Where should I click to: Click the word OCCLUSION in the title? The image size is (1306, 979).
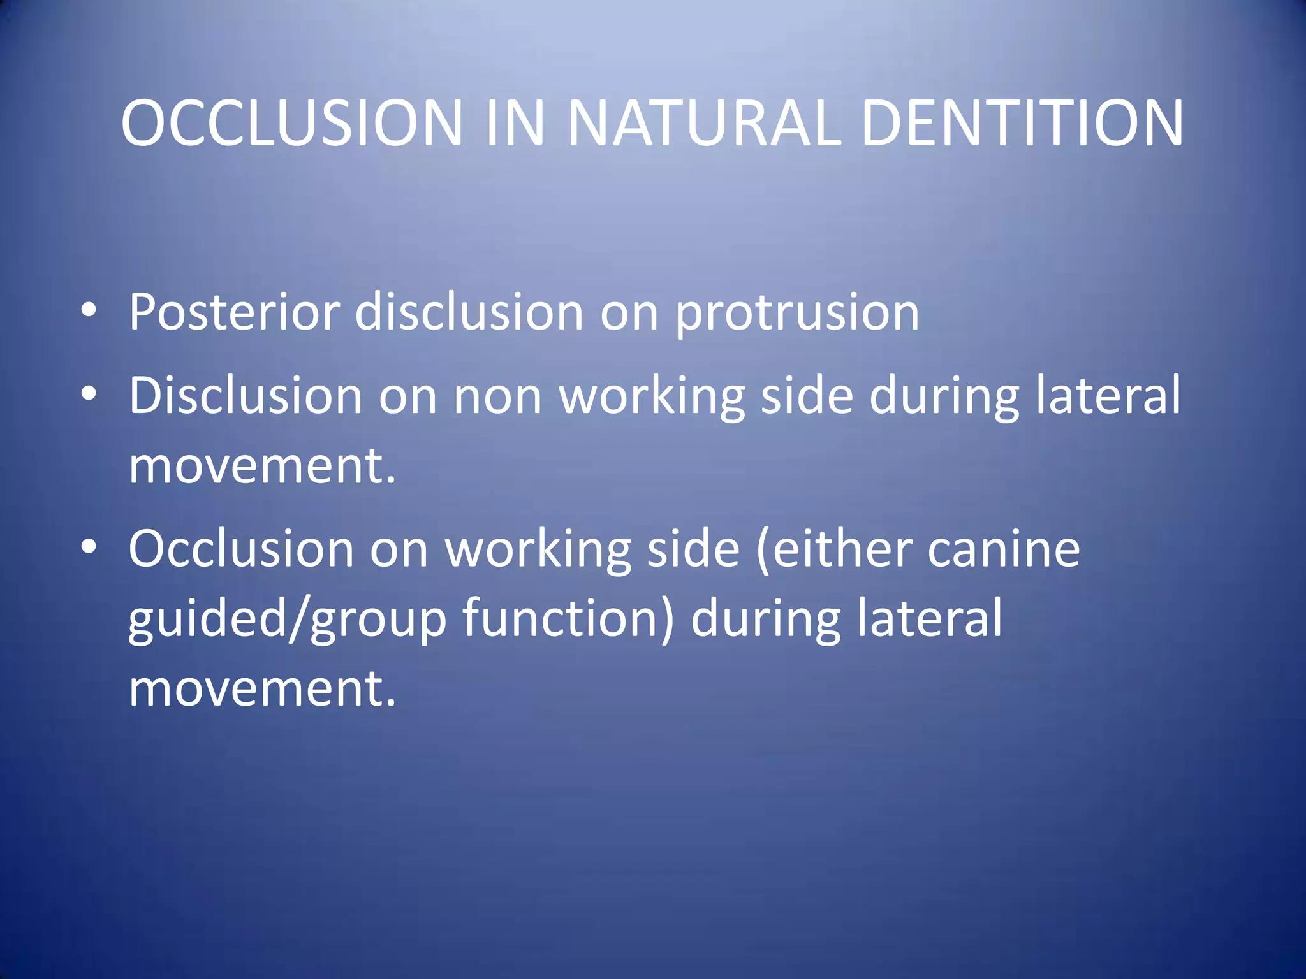point(291,122)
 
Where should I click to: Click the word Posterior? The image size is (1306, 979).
point(233,312)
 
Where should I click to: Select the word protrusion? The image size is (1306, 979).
point(797,312)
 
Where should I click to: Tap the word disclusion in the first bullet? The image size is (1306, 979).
point(469,312)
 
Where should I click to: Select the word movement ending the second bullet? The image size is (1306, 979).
point(261,465)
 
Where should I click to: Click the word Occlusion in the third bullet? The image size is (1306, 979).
point(241,548)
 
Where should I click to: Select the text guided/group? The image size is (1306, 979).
point(287,618)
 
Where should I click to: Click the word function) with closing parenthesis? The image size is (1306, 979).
point(568,618)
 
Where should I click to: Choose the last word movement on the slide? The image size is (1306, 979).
point(261,688)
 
